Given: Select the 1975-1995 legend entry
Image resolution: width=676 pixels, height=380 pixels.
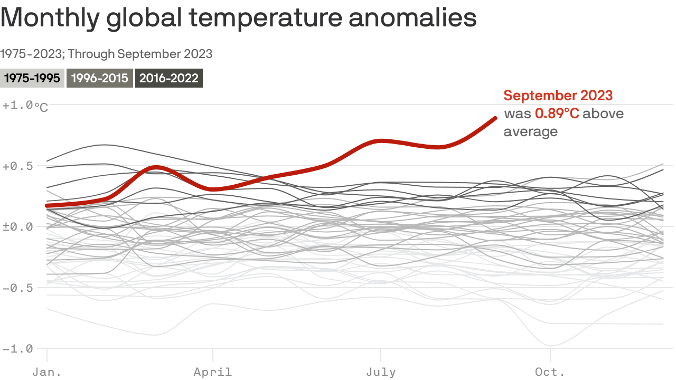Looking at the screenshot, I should coord(32,79).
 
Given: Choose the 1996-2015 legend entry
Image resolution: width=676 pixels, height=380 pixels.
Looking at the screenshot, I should coord(100,79).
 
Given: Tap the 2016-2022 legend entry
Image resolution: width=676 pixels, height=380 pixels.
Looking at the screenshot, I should coord(169,79).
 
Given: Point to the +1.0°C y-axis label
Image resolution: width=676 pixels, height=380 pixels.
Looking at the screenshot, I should coord(25,106).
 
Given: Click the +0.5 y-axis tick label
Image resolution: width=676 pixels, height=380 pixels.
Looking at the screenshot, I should coord(18,166).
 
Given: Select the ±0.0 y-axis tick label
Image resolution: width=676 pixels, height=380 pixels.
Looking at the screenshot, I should coord(18,227).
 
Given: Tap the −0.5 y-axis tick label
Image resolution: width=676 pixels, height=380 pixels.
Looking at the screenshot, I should coord(18,288).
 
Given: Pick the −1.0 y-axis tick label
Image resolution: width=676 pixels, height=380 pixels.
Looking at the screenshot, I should coord(18,349).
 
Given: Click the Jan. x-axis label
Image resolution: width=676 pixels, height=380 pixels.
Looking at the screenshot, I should coord(47,372).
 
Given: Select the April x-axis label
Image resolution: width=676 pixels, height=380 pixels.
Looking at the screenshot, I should coord(213,372).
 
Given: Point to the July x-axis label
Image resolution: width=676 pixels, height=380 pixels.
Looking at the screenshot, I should coord(381,372).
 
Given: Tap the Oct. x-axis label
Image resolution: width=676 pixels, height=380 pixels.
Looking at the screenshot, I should coord(550,372).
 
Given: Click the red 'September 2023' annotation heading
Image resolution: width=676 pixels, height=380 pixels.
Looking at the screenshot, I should coord(558,96).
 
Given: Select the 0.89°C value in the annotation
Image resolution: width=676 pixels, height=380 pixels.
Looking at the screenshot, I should coord(557,113).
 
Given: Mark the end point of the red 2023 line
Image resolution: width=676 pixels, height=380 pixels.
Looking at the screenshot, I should coord(495,118).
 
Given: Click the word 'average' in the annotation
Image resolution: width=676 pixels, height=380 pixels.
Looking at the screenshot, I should coord(530,131).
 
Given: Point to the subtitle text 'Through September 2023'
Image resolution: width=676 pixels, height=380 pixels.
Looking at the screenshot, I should coord(140,54).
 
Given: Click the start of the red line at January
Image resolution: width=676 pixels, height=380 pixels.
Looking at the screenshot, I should coord(48,205).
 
